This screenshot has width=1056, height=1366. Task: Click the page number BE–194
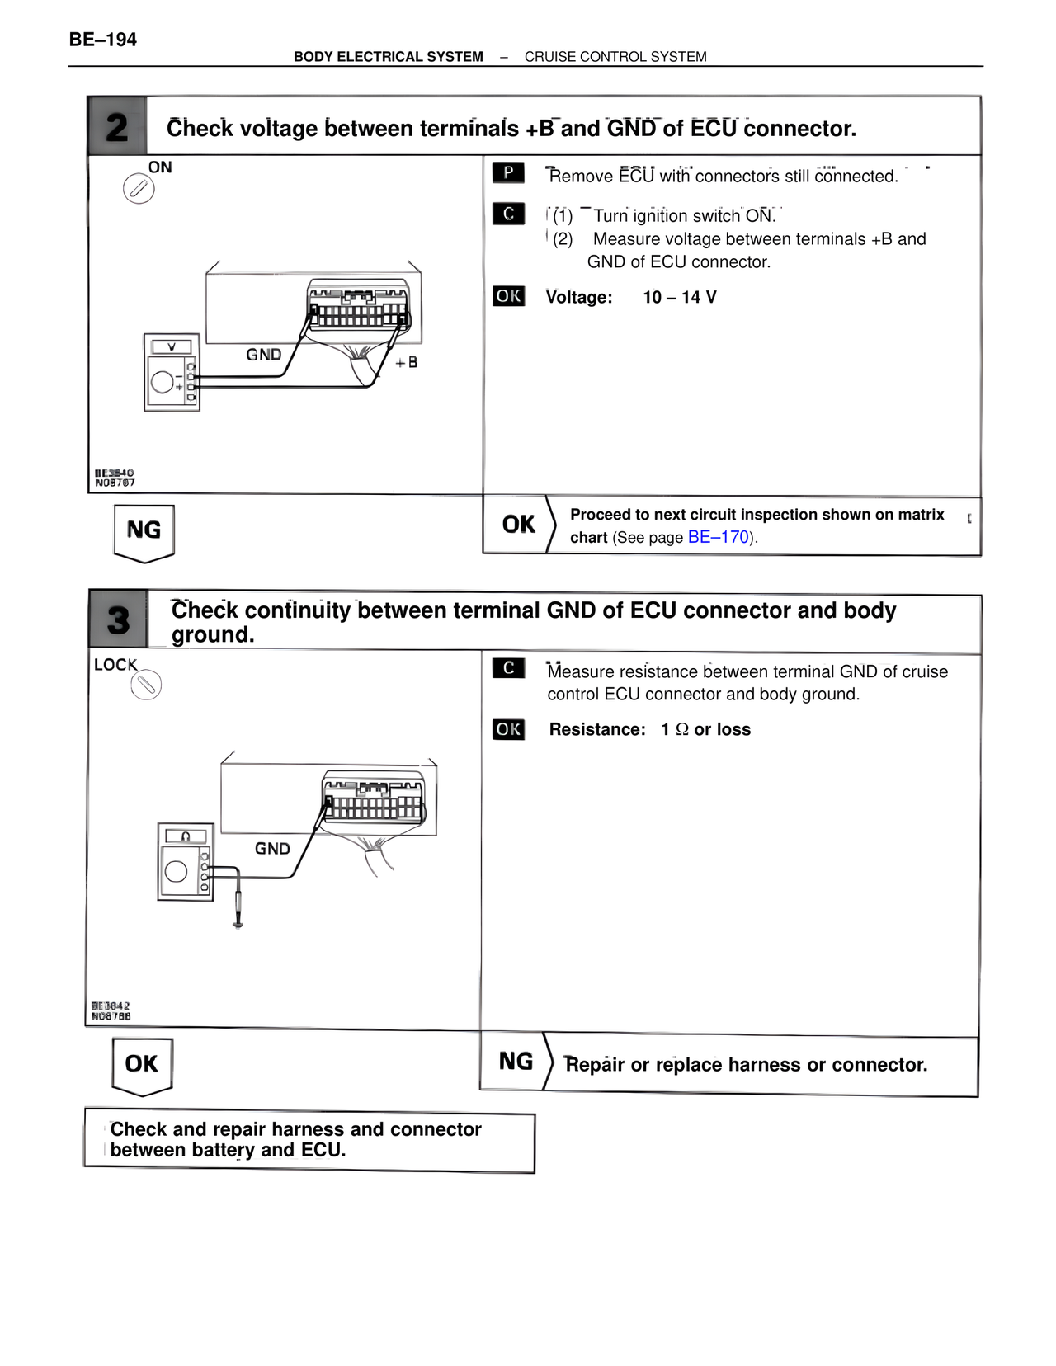[103, 40]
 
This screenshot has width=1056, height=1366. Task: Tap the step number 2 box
[117, 127]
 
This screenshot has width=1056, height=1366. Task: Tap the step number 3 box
[119, 619]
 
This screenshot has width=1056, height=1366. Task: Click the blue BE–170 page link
[718, 537]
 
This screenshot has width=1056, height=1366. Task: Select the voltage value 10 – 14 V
[680, 297]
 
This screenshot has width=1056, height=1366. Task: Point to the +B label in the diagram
[407, 362]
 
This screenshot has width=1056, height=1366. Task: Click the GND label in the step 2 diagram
[264, 355]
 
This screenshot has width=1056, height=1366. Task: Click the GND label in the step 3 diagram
[272, 848]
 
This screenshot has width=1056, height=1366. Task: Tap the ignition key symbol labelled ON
[139, 189]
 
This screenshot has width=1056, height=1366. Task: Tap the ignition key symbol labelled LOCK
[146, 685]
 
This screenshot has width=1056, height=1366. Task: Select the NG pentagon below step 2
[144, 531]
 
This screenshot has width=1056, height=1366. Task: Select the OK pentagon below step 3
[142, 1065]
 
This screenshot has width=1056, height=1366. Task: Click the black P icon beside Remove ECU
[508, 172]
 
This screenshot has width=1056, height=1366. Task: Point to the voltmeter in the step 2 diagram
[172, 372]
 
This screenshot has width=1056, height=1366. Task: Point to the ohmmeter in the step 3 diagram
[186, 861]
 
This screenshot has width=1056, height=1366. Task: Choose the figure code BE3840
[114, 473]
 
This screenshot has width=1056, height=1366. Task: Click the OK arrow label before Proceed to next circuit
[518, 525]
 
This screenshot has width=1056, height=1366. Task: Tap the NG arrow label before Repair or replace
[516, 1062]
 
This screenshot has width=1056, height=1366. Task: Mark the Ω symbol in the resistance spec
[682, 729]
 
